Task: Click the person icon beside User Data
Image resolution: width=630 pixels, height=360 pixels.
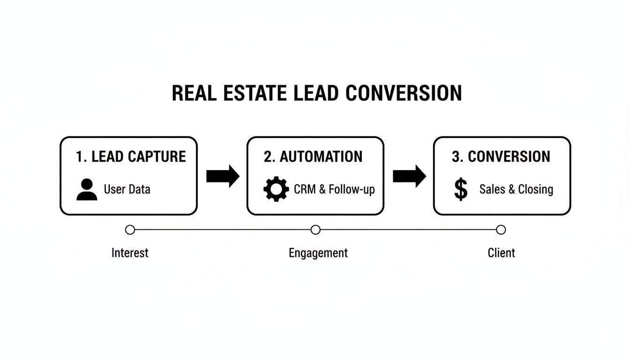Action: [x=87, y=190]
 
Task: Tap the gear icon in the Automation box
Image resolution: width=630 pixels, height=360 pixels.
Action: [x=276, y=189]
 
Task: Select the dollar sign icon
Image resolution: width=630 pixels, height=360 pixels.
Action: [x=461, y=189]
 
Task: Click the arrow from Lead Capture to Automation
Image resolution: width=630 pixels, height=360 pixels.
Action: [x=223, y=176]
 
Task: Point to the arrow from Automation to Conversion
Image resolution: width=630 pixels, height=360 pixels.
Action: [x=409, y=176]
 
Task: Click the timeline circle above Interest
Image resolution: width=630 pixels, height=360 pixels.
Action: [x=130, y=230]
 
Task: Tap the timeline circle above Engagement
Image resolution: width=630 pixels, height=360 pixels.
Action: [x=315, y=230]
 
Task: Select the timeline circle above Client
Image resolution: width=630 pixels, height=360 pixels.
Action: [x=501, y=230]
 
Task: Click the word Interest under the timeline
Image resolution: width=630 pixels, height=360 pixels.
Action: [x=130, y=253]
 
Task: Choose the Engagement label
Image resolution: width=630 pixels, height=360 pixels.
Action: [x=318, y=254]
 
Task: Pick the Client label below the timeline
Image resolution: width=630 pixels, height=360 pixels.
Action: [x=501, y=253]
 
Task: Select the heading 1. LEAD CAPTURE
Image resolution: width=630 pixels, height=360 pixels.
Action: [x=131, y=157]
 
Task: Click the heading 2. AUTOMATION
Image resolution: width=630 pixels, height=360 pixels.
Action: [x=313, y=157]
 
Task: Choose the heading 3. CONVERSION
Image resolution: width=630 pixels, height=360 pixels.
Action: [x=501, y=157]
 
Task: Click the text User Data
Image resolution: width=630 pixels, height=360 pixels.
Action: [x=127, y=189]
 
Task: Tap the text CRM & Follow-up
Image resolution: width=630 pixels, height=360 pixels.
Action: [x=334, y=189]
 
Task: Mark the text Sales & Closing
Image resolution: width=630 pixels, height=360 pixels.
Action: [x=516, y=189]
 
